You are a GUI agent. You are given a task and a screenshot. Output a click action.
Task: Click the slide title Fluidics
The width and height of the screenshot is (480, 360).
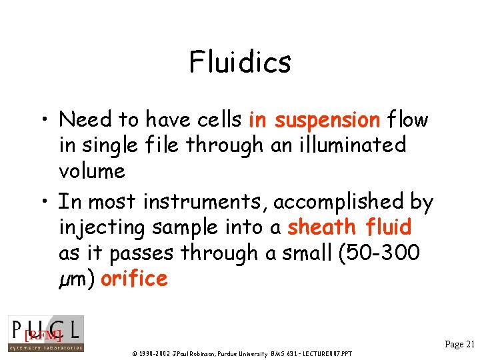tap(240, 63)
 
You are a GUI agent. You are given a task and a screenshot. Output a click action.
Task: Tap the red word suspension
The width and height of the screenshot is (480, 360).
tap(327, 120)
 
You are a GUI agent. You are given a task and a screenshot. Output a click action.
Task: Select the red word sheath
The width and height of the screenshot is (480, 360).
tap(321, 227)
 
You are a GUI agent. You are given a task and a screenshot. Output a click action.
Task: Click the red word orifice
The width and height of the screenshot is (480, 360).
tap(133, 278)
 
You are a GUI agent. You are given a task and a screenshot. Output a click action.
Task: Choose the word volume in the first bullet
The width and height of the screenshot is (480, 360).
tap(92, 171)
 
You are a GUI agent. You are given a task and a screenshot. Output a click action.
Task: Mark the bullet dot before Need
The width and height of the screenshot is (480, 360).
tap(42, 121)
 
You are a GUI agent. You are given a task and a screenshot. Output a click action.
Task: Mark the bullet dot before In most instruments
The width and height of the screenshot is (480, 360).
tap(42, 201)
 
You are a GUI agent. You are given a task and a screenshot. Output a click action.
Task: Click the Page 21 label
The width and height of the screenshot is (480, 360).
tap(459, 344)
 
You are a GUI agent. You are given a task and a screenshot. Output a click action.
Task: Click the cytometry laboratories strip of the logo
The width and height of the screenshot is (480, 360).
tap(45, 347)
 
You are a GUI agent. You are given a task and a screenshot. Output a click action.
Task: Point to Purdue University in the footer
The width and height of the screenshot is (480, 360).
tap(241, 353)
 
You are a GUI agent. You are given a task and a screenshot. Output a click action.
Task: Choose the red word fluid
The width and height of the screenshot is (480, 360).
tap(389, 227)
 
